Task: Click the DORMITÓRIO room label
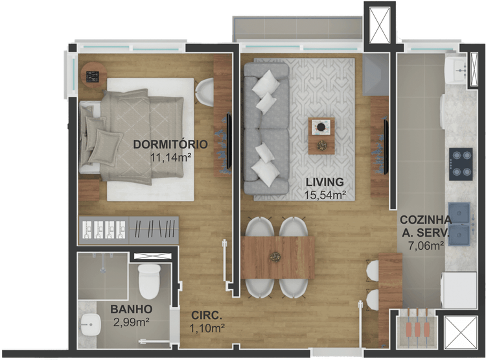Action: click(x=170, y=144)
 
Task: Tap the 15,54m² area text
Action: click(x=325, y=195)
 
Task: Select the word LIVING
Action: click(x=325, y=182)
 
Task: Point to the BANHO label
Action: click(x=132, y=309)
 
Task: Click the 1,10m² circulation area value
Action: click(x=207, y=328)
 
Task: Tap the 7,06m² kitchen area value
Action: click(x=426, y=246)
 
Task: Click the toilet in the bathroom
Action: click(x=149, y=281)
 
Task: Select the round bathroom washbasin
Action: click(x=91, y=324)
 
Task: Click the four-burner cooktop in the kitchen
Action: click(x=461, y=164)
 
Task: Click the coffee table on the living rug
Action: click(x=321, y=136)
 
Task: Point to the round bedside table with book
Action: click(x=93, y=75)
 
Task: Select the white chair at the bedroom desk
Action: click(x=205, y=92)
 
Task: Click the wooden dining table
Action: click(x=278, y=258)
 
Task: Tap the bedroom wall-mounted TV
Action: click(x=229, y=141)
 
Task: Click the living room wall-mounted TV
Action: click(x=386, y=147)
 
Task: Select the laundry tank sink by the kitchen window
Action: click(x=456, y=71)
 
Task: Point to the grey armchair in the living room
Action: click(x=376, y=75)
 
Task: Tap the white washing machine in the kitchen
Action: click(x=458, y=290)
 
